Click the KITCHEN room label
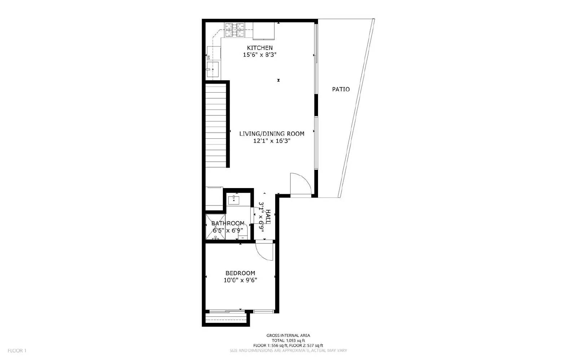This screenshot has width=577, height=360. pyautogui.click(x=260, y=48)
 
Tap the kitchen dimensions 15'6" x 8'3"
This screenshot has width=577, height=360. pyautogui.click(x=260, y=55)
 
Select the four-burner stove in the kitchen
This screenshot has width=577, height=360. pyautogui.click(x=234, y=30)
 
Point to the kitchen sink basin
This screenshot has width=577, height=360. pyautogui.click(x=212, y=69)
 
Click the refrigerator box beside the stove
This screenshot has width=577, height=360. pyautogui.click(x=264, y=31)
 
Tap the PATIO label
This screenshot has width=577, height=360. pyautogui.click(x=341, y=89)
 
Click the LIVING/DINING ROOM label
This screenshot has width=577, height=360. pyautogui.click(x=272, y=134)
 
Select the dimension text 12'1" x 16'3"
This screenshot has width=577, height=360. pyautogui.click(x=272, y=141)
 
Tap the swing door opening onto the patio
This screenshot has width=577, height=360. pyautogui.click(x=300, y=185)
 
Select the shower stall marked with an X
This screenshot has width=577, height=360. pyautogui.click(x=215, y=227)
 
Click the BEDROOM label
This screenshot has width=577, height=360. pyautogui.click(x=240, y=273)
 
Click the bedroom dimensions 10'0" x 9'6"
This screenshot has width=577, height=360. pyautogui.click(x=240, y=280)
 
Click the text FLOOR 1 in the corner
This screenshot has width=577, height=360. pyautogui.click(x=17, y=351)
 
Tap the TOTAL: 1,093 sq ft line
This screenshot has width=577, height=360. pyautogui.click(x=288, y=341)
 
